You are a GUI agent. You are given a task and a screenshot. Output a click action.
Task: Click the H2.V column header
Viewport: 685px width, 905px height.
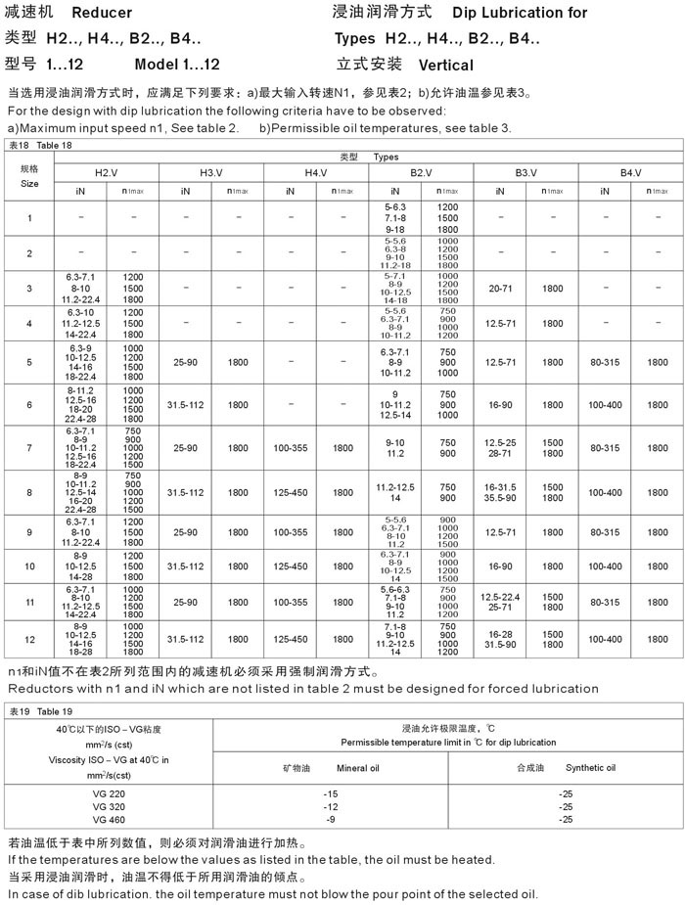(106, 173)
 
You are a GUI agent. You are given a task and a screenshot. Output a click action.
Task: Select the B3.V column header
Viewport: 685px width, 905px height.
(526, 173)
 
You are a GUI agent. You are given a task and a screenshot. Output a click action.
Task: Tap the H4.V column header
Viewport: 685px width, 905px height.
(316, 173)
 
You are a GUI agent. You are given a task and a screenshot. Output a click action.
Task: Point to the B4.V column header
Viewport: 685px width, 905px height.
(631, 173)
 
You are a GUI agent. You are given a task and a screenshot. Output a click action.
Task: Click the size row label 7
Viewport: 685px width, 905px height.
(29, 448)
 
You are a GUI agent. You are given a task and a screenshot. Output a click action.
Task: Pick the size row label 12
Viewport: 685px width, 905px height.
(29, 639)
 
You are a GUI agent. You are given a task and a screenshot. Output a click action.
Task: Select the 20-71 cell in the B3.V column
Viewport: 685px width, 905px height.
(500, 289)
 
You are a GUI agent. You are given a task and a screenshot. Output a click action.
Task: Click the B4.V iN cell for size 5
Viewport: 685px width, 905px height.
(605, 362)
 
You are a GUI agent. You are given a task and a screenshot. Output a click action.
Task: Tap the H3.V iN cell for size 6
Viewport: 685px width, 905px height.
(185, 404)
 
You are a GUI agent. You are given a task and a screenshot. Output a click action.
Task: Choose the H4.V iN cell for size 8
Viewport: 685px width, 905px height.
(291, 492)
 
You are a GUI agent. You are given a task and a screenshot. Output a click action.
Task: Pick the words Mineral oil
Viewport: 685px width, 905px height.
(358, 768)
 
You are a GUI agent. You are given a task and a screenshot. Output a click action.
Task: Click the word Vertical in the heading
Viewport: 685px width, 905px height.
(445, 66)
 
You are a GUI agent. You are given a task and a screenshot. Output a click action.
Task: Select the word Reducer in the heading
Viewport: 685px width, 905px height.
(102, 13)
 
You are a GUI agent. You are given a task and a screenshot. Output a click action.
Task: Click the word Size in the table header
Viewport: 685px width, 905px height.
(29, 183)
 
